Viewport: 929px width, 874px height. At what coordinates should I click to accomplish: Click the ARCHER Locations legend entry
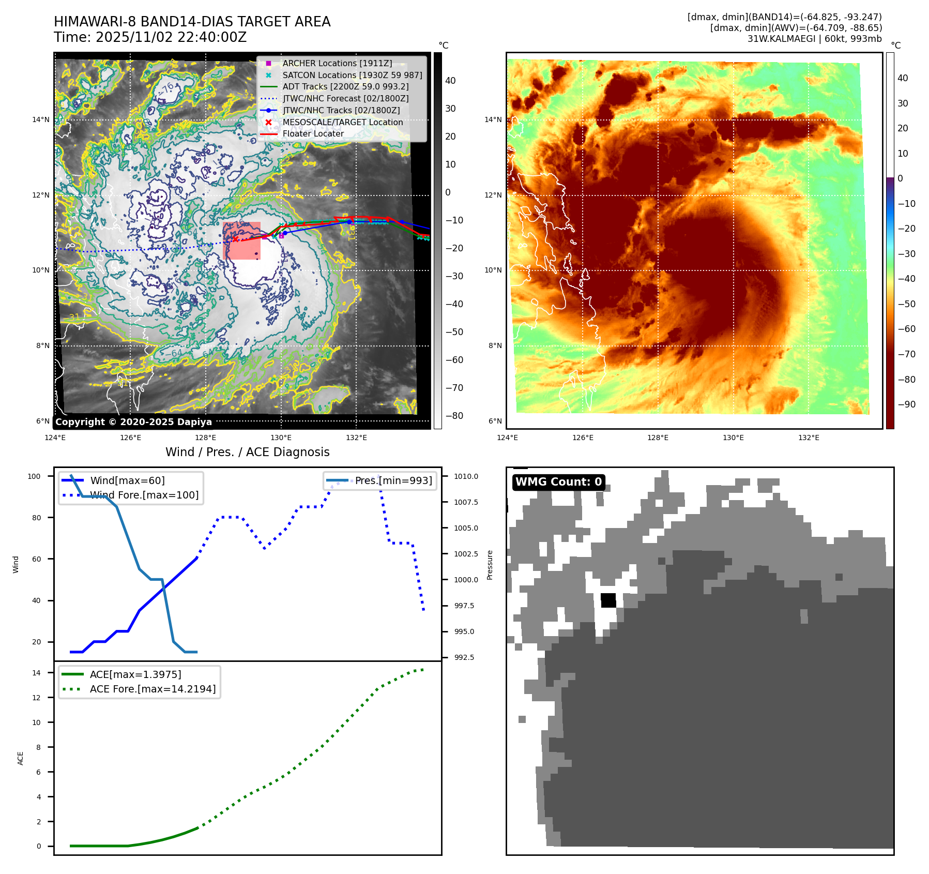[337, 63]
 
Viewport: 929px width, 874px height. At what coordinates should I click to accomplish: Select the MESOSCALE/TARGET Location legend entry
[342, 122]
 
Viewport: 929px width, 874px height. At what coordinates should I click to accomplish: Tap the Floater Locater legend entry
[313, 133]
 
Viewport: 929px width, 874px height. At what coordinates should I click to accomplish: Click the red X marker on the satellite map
[236, 239]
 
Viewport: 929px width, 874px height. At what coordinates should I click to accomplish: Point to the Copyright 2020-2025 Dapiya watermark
[133, 422]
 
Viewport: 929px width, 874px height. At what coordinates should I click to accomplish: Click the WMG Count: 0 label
[558, 482]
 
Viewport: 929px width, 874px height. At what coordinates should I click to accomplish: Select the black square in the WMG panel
[608, 600]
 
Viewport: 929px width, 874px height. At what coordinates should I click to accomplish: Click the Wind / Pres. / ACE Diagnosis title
[247, 452]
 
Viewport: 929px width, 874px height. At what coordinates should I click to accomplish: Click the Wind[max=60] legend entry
[127, 480]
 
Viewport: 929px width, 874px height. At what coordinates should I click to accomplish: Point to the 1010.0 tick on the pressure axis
[466, 476]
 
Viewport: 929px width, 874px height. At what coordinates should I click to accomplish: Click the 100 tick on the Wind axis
[34, 476]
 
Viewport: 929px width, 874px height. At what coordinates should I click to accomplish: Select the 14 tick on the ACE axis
[36, 673]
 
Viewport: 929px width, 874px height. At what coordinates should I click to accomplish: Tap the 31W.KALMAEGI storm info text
[814, 39]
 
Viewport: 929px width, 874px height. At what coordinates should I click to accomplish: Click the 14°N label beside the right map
[493, 119]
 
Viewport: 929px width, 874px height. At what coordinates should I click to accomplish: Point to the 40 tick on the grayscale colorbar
[450, 81]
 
